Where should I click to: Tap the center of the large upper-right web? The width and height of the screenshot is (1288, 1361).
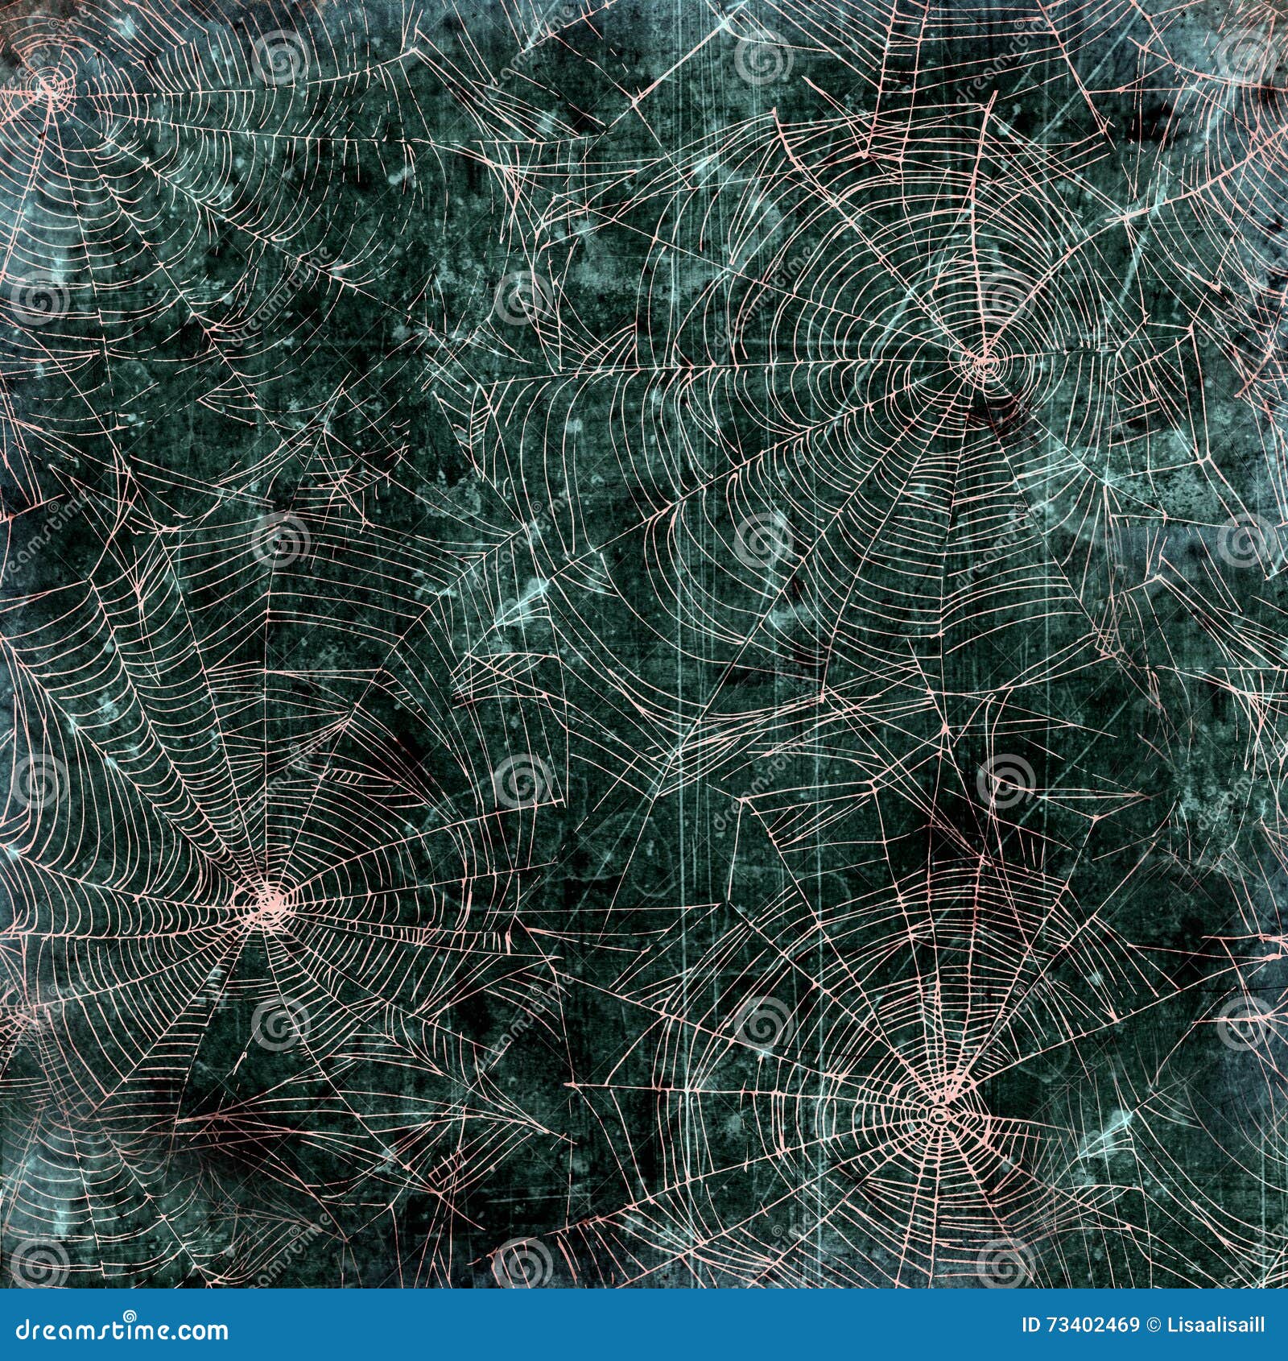coord(985,362)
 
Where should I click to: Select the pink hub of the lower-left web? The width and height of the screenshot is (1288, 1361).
coord(268,899)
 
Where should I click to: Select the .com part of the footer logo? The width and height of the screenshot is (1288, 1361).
coord(202,1330)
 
